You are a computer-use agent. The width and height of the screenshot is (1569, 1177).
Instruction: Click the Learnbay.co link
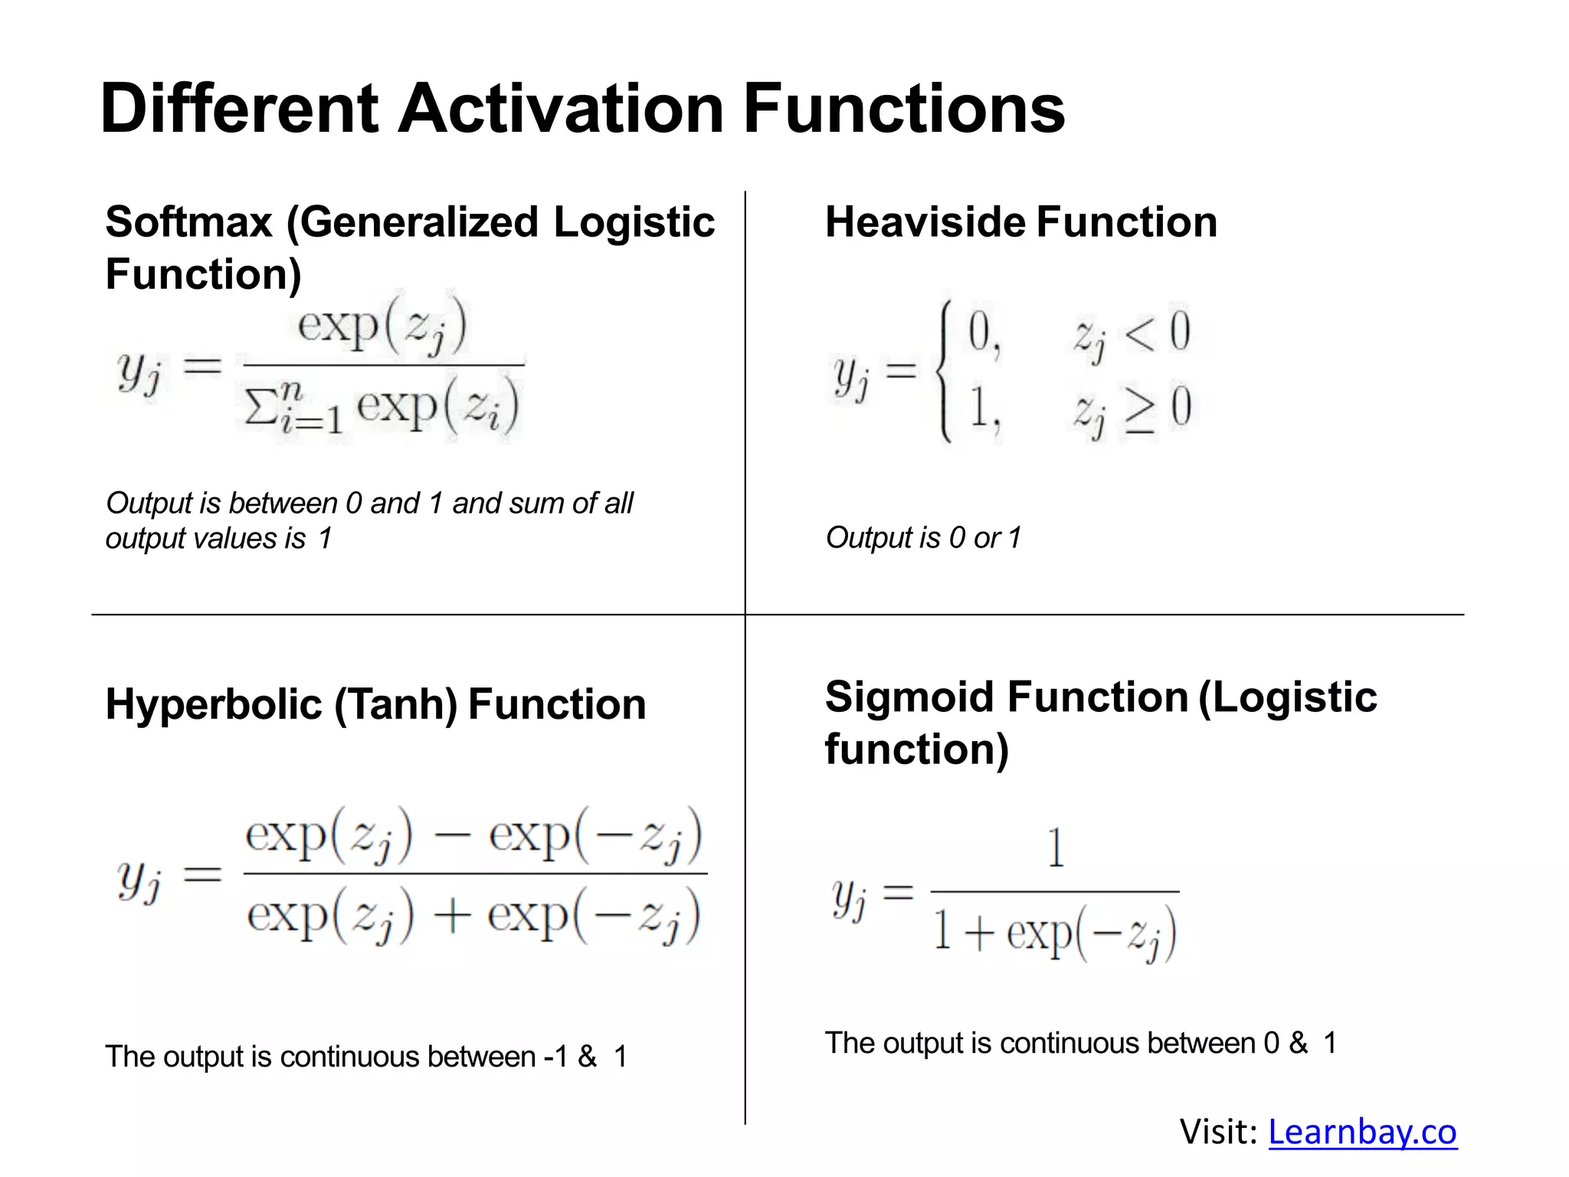click(x=1362, y=1132)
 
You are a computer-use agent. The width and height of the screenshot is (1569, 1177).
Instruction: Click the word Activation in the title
click(x=561, y=109)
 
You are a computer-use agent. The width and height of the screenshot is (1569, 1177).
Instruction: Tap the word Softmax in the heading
click(x=188, y=222)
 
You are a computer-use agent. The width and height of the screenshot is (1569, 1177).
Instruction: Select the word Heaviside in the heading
click(x=925, y=222)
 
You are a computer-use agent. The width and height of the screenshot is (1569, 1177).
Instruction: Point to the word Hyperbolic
click(x=214, y=704)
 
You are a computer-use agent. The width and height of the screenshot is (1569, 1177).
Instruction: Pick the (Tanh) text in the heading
click(x=395, y=704)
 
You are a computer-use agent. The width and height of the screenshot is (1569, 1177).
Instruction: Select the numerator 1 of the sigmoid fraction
click(x=1056, y=848)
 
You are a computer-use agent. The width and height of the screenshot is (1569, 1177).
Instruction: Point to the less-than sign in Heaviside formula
click(x=1140, y=334)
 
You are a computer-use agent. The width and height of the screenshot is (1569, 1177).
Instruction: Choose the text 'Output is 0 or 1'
click(x=923, y=538)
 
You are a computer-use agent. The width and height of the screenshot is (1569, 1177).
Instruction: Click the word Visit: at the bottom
click(x=1218, y=1132)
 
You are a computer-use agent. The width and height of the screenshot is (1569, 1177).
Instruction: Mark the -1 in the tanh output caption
click(x=555, y=1057)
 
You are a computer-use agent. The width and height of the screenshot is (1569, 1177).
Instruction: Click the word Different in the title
click(x=239, y=109)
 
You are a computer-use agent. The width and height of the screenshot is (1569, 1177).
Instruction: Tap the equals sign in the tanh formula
click(x=202, y=874)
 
